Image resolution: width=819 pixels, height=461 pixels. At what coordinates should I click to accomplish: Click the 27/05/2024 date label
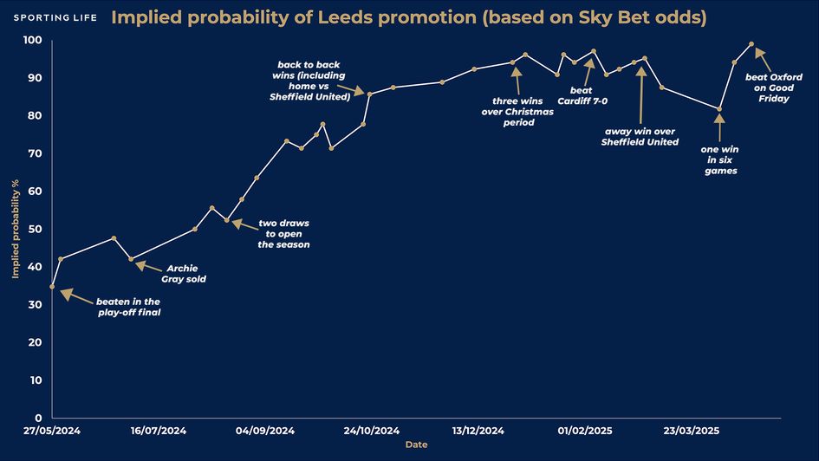(x=52, y=431)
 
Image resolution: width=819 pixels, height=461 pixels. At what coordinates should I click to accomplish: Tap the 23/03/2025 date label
(x=691, y=431)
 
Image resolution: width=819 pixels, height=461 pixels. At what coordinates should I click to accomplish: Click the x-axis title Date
(x=416, y=445)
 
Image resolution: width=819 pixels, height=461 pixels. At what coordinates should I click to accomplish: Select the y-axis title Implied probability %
(x=15, y=229)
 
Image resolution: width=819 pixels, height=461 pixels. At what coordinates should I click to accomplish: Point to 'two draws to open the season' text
(x=283, y=234)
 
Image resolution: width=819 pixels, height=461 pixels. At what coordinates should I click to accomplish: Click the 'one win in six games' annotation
(x=719, y=159)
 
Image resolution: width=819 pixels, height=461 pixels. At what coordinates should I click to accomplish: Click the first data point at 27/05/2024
(x=53, y=286)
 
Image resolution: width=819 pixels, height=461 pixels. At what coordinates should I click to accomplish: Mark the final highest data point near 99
(x=751, y=44)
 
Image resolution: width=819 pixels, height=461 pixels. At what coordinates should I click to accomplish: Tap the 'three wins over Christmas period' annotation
(x=519, y=112)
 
